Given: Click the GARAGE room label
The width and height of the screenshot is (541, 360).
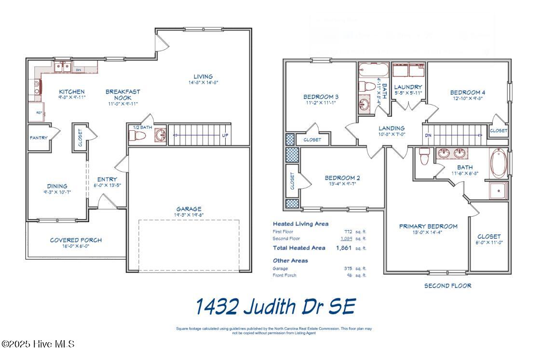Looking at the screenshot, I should [x=189, y=209].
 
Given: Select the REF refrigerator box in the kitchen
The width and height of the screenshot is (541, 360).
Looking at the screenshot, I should [x=39, y=112].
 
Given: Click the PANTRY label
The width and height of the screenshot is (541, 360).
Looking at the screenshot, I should [x=39, y=138].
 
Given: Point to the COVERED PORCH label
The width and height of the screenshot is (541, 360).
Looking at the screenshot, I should [x=76, y=240].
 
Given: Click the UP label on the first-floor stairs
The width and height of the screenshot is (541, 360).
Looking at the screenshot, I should [x=225, y=136].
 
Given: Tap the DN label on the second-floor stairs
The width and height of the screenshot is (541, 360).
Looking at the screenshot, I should [x=428, y=136].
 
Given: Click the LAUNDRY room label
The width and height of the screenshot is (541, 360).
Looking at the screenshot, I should [x=408, y=87].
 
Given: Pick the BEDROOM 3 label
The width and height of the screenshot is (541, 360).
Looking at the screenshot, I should [x=321, y=96].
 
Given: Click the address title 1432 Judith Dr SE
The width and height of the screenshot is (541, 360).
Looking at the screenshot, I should [x=275, y=306].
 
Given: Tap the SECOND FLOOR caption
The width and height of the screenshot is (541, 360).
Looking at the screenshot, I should [x=447, y=286].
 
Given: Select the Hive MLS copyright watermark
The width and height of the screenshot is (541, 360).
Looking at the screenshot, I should [x=38, y=344].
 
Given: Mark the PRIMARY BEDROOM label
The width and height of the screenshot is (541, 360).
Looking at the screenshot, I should [x=428, y=226].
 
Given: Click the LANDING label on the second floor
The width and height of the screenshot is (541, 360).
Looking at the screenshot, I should [x=391, y=128].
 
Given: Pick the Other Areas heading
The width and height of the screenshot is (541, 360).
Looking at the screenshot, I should [x=290, y=261].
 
